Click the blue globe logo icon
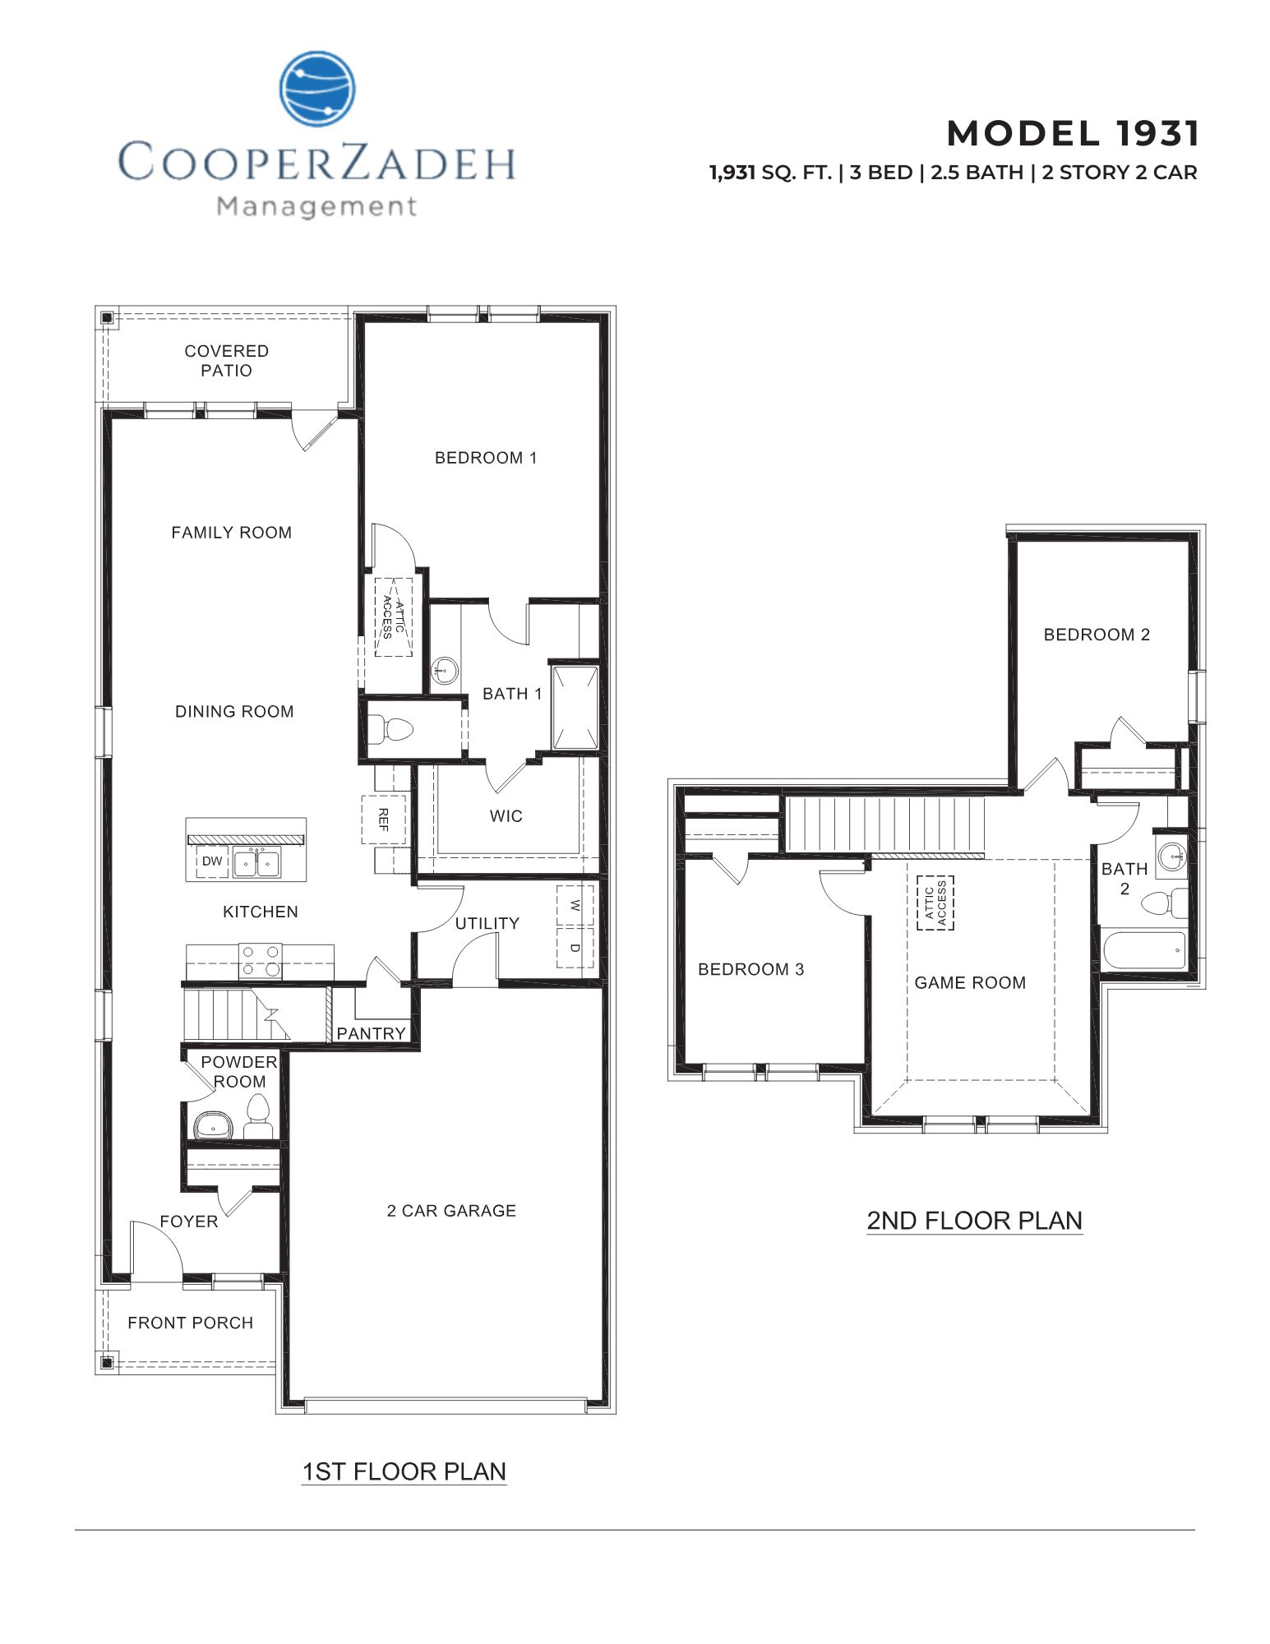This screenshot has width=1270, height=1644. pyautogui.click(x=317, y=89)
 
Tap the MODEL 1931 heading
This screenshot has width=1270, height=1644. pyautogui.click(x=1073, y=133)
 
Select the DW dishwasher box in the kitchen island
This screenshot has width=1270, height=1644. pyautogui.click(x=212, y=861)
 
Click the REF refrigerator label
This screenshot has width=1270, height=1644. pyautogui.click(x=383, y=819)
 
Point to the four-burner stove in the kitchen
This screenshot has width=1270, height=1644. pyautogui.click(x=260, y=961)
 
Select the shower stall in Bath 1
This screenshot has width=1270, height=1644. pyautogui.click(x=575, y=708)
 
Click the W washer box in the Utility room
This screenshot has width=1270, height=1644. pyautogui.click(x=575, y=905)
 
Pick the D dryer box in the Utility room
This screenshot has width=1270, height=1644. pyautogui.click(x=575, y=948)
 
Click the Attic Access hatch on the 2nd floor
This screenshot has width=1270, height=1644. pyautogui.click(x=935, y=903)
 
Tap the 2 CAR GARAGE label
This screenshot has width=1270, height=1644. pyautogui.click(x=451, y=1211)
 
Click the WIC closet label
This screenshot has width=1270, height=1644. pyautogui.click(x=506, y=816)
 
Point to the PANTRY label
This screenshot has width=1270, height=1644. pyautogui.click(x=372, y=1033)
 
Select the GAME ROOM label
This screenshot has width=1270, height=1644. pyautogui.click(x=970, y=982)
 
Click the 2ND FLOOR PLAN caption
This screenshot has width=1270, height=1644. pyautogui.click(x=974, y=1221)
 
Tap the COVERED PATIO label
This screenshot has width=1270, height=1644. pyautogui.click(x=226, y=361)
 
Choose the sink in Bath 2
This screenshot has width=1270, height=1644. pyautogui.click(x=1171, y=858)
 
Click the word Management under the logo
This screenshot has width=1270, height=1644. pyautogui.click(x=317, y=206)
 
